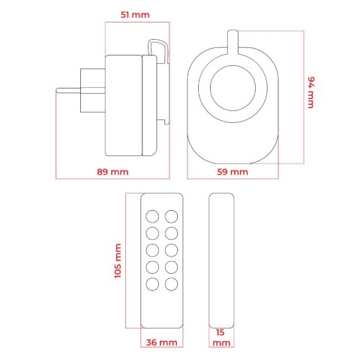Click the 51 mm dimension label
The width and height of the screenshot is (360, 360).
click(x=135, y=15)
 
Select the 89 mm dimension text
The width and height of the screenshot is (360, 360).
click(x=112, y=172)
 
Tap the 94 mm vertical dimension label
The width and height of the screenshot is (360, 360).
click(x=310, y=92)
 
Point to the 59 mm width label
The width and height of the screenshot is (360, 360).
click(x=232, y=172)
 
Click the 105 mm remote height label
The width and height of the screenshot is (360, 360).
click(x=118, y=261)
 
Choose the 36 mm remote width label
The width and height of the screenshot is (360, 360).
click(x=161, y=342)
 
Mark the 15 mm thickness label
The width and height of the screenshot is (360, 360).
click(x=221, y=337)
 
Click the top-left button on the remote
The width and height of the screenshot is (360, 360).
click(x=152, y=217)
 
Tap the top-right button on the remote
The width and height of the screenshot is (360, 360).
click(x=172, y=217)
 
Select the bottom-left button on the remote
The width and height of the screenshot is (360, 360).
click(x=152, y=284)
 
